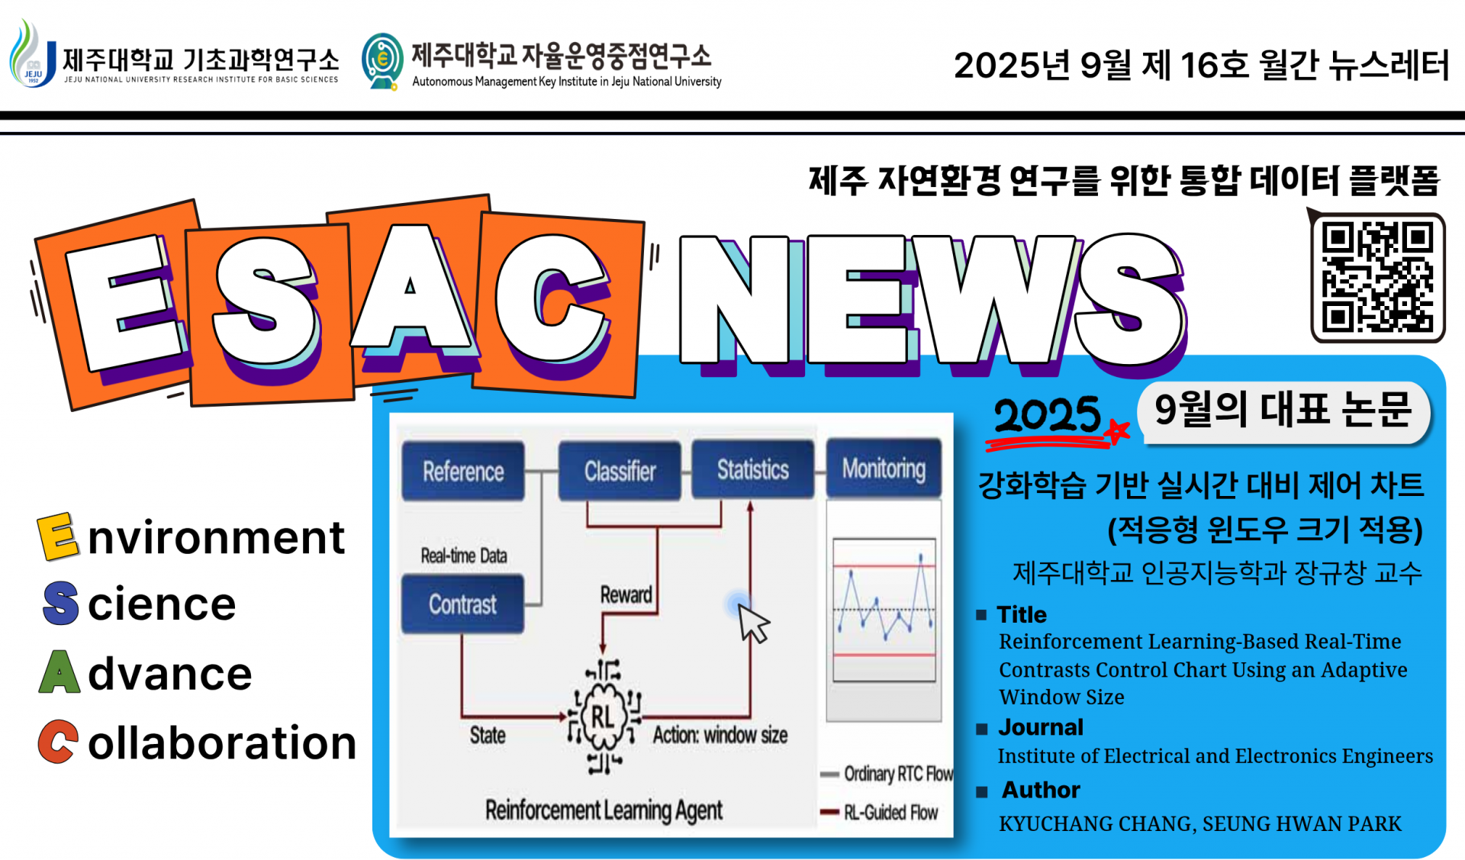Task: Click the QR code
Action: tap(1377, 277)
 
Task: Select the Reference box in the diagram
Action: tap(463, 471)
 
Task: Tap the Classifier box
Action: tap(620, 471)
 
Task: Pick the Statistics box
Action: tap(752, 469)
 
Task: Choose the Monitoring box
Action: tap(884, 468)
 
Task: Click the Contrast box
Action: tap(462, 604)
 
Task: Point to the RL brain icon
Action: tap(603, 717)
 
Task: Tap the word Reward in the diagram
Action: tap(626, 594)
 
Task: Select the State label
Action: tap(488, 735)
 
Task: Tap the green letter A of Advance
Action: tap(60, 672)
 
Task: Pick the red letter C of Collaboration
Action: tap(58, 741)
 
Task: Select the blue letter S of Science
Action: tap(61, 603)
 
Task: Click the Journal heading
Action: tap(1041, 727)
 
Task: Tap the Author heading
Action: tap(1041, 790)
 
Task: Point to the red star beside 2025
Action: tap(1117, 431)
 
